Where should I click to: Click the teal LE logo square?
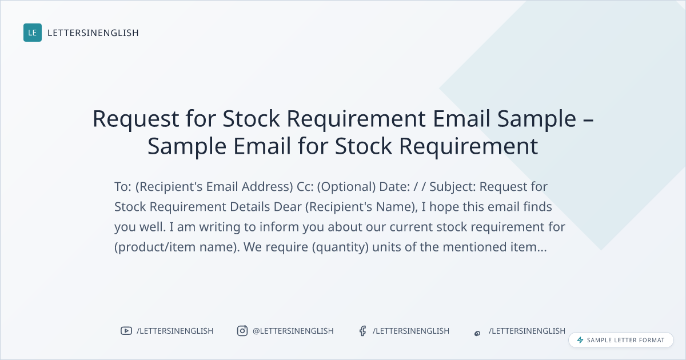click(33, 33)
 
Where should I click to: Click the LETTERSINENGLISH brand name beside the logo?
click(93, 33)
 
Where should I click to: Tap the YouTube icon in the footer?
click(126, 331)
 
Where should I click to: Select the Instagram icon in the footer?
click(242, 331)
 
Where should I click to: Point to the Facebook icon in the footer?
click(362, 331)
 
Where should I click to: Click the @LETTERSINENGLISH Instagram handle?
click(293, 331)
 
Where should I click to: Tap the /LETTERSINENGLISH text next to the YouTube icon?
click(175, 331)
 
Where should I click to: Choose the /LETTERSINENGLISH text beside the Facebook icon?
click(411, 331)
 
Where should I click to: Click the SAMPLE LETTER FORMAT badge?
click(621, 340)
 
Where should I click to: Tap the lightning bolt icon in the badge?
click(580, 340)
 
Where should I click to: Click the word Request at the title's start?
click(135, 119)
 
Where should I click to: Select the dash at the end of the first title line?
click(588, 120)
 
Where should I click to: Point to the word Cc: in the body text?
click(305, 186)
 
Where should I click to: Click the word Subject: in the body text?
click(453, 187)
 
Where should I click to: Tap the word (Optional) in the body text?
click(346, 187)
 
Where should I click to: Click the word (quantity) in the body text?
click(340, 247)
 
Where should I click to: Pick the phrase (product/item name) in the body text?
click(177, 247)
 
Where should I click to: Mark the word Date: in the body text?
click(394, 186)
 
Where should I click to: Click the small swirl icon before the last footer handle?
click(477, 333)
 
